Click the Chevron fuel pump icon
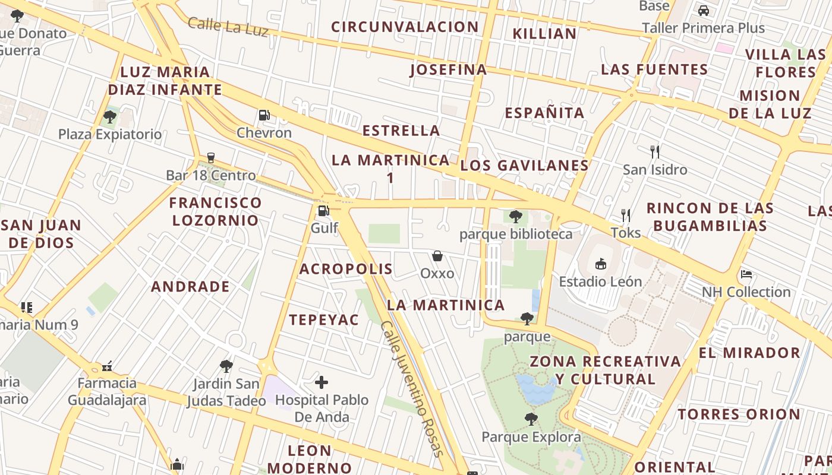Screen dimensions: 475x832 click(264, 115)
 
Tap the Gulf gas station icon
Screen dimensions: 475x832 click(323, 210)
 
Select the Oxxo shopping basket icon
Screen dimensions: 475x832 click(437, 256)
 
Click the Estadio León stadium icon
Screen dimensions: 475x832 click(600, 264)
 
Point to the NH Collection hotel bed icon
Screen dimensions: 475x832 click(746, 274)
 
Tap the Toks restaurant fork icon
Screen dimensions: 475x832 click(625, 215)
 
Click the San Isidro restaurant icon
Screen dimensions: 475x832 click(655, 151)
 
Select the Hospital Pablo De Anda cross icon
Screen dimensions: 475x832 click(322, 382)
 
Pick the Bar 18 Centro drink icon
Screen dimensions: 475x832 click(210, 158)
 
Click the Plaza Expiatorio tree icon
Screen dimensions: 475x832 click(109, 116)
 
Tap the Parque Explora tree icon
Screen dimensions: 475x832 click(531, 420)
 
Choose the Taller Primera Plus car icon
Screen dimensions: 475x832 click(703, 11)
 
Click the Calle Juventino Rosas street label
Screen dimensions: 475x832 click(412, 389)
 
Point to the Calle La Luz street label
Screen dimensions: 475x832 click(228, 27)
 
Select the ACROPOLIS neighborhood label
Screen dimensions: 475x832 click(346, 269)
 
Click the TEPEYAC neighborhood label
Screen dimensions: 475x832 click(324, 320)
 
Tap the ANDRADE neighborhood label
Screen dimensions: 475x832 click(190, 287)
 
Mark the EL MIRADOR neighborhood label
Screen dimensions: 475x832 click(749, 353)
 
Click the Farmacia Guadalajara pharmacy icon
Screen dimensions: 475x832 click(107, 366)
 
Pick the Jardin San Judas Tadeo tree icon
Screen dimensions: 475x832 click(226, 366)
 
